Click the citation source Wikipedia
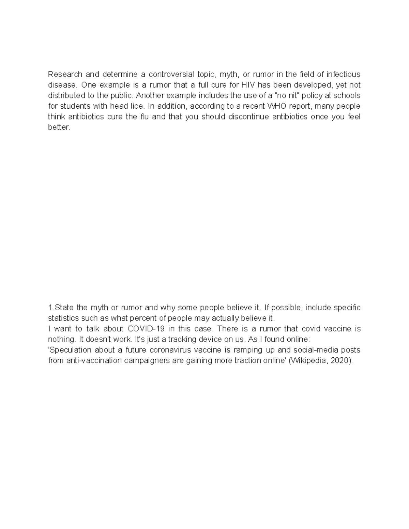point(308,360)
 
